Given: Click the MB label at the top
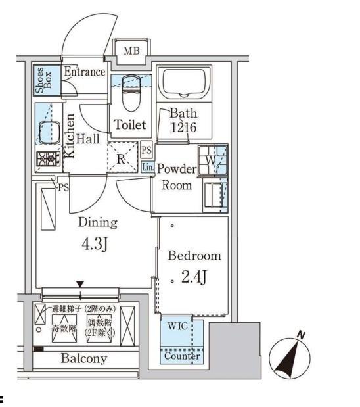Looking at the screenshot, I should pos(132,49).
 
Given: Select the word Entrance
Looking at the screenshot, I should pos(85,72).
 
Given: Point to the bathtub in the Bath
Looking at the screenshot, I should pos(183,84).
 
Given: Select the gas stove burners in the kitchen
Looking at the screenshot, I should pos(47,158).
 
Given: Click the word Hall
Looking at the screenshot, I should pos(87,139).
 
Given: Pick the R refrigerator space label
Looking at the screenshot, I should pos(122,158).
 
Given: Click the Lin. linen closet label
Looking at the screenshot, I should pos(147,167).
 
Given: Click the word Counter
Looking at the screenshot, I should pos(181,356).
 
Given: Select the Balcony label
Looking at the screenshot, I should pos(84,359).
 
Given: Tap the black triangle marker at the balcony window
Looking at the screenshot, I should pos(80,284).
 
